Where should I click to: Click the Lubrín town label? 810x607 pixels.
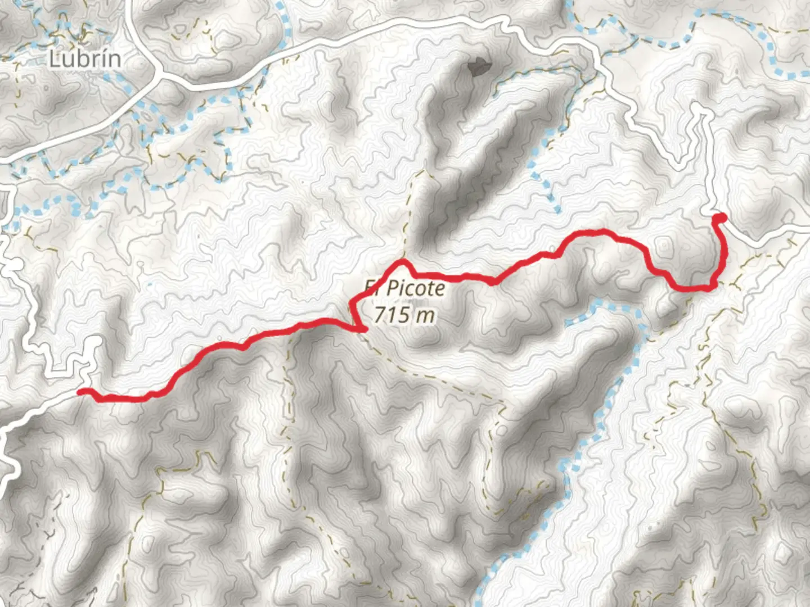point(84,58)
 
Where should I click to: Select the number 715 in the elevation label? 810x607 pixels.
point(391,315)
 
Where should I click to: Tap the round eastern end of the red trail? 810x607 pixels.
point(719,218)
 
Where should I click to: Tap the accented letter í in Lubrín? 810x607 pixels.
point(102,58)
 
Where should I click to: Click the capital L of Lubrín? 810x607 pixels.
point(55,59)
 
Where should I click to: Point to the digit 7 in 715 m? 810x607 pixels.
point(379,315)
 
